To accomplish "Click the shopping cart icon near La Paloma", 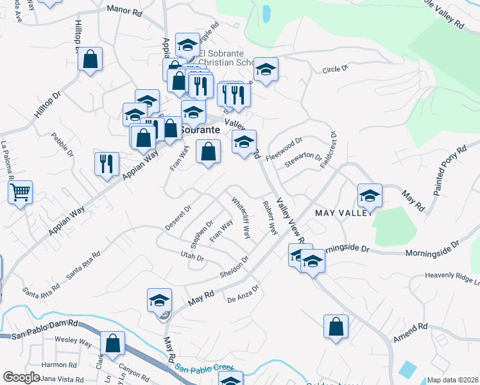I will pos(21,192).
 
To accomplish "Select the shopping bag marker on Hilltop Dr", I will pos(90,60).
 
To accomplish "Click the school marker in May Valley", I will pos(370,196).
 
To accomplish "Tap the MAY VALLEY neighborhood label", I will pos(343,212).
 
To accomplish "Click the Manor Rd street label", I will pos(124,10).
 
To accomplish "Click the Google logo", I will pos(21,377).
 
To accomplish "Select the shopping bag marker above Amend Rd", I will pos(336,326).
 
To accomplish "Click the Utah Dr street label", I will pos(192,258).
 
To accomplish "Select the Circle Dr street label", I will pos(335,69).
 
